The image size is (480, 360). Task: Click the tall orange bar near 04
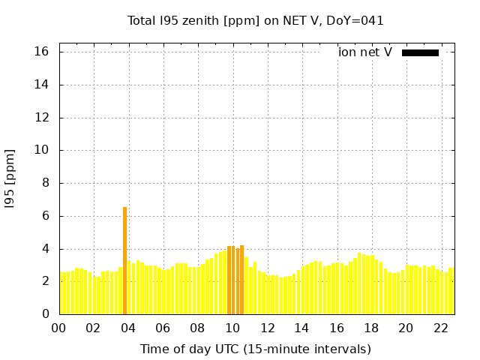[124, 260]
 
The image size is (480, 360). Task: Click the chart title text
[256, 21]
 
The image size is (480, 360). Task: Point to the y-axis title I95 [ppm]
[10, 178]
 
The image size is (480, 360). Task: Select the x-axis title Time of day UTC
[256, 349]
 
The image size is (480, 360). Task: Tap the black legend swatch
[420, 52]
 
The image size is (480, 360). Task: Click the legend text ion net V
[365, 52]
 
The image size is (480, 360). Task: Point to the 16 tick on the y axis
[42, 52]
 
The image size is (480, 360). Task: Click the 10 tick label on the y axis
[42, 150]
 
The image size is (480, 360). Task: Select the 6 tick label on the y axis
[45, 216]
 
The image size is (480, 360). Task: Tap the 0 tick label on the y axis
[45, 314]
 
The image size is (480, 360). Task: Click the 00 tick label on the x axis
[58, 328]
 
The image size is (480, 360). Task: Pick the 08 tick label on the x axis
[197, 328]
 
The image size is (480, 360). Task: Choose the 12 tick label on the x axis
[267, 328]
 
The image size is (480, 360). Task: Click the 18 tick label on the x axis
[371, 328]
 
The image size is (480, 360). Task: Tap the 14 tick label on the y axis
[42, 85]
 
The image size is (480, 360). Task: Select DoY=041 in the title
[355, 21]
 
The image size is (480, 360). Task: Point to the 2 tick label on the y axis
[45, 281]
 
